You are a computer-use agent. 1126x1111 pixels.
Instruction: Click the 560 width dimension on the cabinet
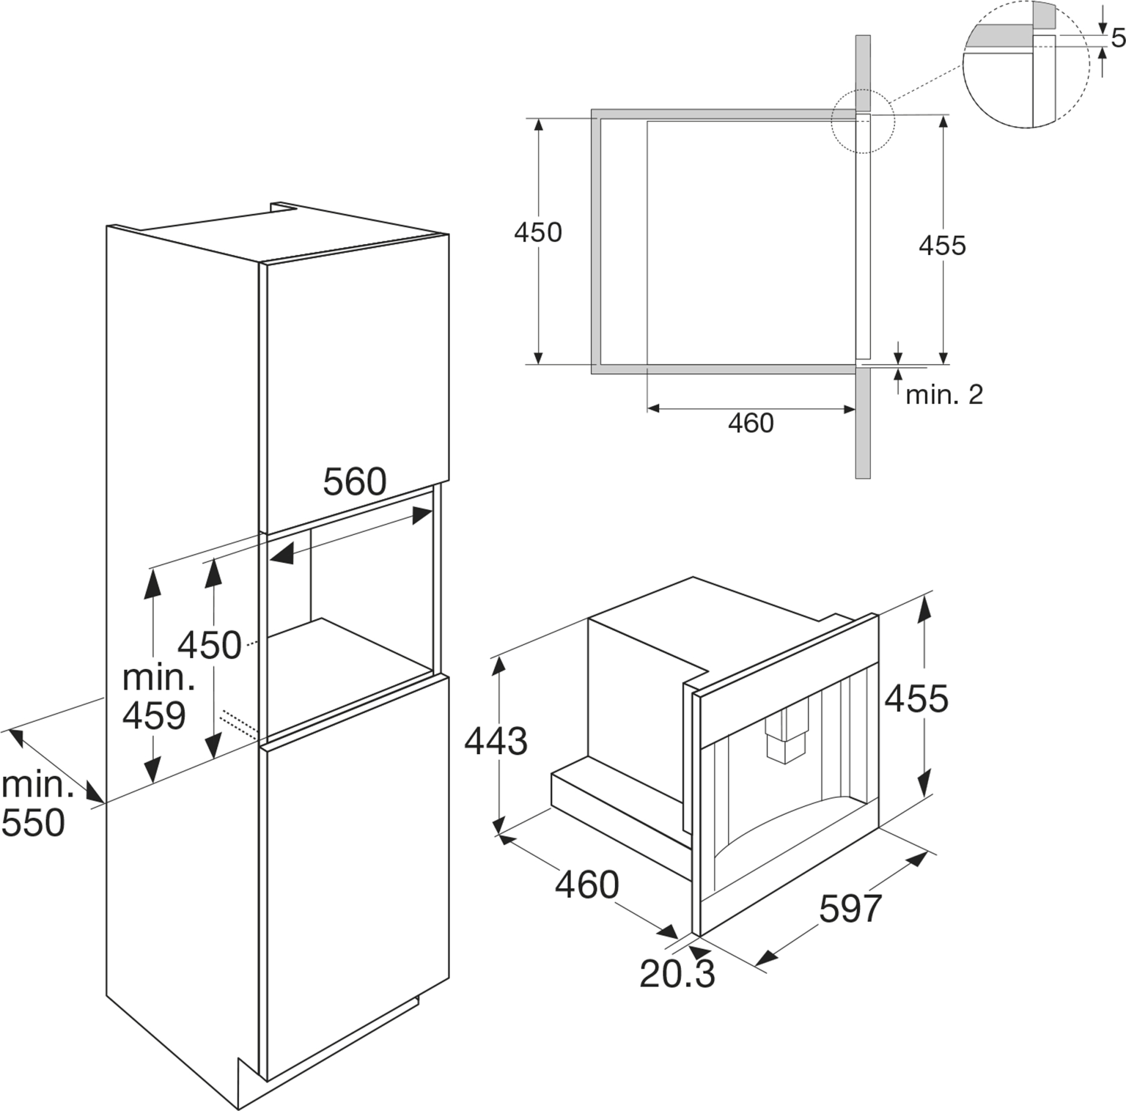point(355,482)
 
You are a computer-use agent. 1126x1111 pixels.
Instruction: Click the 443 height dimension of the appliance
point(496,741)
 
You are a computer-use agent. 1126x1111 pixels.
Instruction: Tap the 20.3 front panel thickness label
point(677,974)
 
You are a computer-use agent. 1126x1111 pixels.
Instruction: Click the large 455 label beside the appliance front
point(916,699)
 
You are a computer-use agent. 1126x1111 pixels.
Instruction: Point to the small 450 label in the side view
point(538,233)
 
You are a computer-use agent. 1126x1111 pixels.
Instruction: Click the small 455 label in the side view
point(942,245)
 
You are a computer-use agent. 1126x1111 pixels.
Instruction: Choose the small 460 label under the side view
point(751,423)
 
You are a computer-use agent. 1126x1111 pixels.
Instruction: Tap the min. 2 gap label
point(944,395)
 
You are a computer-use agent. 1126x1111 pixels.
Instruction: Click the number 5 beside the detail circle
point(1118,38)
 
